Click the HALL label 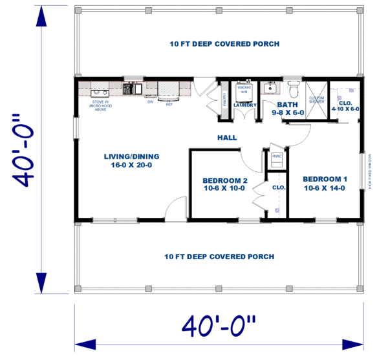(227, 138)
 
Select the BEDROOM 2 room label (225, 184)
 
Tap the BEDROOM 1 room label (325, 184)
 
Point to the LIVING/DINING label (132, 160)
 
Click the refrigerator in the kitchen (169, 90)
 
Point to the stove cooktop (101, 89)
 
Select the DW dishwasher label (150, 101)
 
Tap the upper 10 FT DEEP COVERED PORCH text (224, 44)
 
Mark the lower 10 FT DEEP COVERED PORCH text (219, 257)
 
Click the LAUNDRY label (245, 105)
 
